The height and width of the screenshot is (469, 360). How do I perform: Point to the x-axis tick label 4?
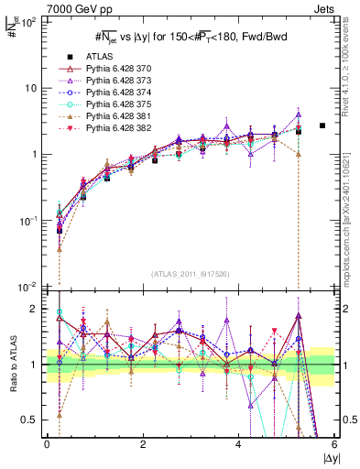pos(239,444)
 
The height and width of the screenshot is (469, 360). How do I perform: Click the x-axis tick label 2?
pos(143,444)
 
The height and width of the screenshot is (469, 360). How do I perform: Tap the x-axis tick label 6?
pos(334,444)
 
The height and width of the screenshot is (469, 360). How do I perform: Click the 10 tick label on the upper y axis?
pos(30,88)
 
